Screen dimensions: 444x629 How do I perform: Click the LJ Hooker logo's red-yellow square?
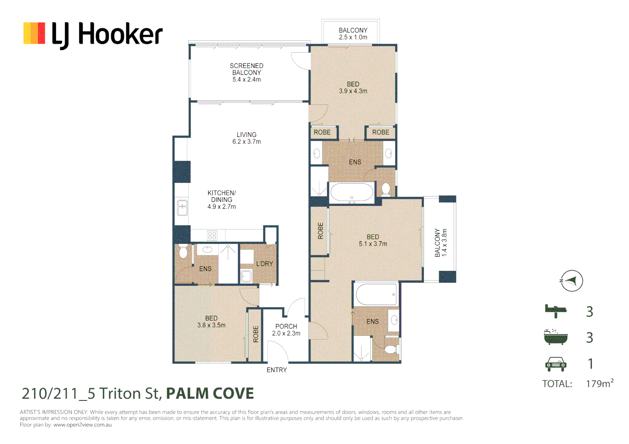[x=34, y=33]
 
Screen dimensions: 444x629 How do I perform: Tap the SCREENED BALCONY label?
[x=246, y=72]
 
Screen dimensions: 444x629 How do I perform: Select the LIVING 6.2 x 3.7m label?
[x=246, y=138]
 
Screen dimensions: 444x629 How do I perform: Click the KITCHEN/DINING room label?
[x=221, y=199]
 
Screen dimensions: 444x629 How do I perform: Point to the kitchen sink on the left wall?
[x=182, y=208]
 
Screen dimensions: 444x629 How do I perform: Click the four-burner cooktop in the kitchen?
[x=212, y=236]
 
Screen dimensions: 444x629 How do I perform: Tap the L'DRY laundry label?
[x=264, y=264]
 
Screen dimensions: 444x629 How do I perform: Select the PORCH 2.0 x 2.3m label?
[x=286, y=330]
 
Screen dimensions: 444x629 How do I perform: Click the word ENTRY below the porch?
[x=277, y=370]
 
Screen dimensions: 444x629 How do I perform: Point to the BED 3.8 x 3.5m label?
[x=211, y=321]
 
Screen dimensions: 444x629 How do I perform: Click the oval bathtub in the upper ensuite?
[x=352, y=192]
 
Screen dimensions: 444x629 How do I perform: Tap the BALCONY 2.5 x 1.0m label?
[x=353, y=34]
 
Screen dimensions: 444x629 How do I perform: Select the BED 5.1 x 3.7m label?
[x=373, y=240]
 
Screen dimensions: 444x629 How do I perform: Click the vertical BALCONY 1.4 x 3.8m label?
[x=440, y=243]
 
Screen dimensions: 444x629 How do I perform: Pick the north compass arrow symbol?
[x=571, y=281]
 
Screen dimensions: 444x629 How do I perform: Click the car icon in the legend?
[x=556, y=363]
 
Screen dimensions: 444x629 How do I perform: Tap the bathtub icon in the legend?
[x=555, y=337]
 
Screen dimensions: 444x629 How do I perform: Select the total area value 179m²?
[x=599, y=384]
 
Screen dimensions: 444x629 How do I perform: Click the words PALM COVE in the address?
[x=210, y=393]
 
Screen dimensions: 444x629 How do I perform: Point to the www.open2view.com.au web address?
[x=82, y=425]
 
